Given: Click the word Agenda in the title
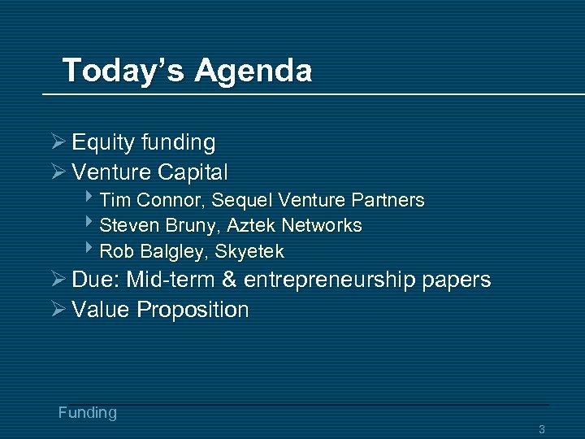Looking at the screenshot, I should tap(253, 72).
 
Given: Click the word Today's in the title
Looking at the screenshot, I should tap(123, 70).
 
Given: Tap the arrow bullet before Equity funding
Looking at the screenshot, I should tap(58, 142).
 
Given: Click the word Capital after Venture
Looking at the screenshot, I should tap(193, 172).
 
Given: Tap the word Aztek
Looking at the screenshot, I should tap(253, 225).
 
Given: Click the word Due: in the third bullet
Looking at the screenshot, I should tap(98, 280).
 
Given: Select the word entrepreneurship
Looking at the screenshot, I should tap(331, 280).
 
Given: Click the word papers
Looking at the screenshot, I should tap(458, 280).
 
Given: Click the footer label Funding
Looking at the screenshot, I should tap(88, 412).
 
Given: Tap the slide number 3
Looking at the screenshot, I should tap(541, 429).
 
